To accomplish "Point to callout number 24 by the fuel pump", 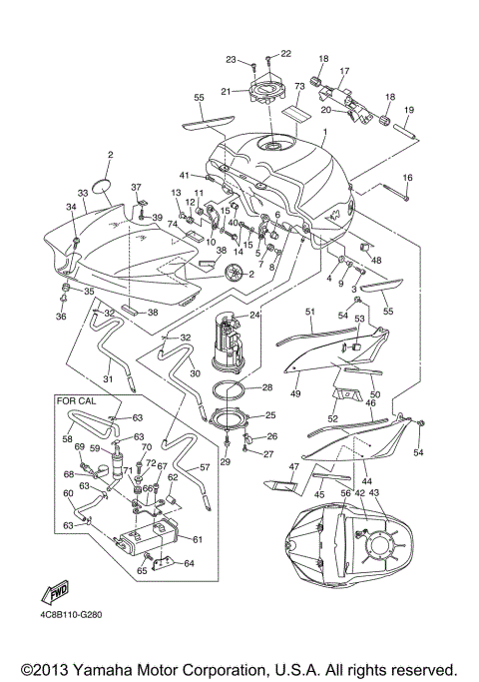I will [x=255, y=315].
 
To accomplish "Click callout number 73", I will [x=298, y=88].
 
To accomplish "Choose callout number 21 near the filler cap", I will [x=227, y=92].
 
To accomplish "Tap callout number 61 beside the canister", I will [x=197, y=540].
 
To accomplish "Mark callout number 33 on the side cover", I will [x=83, y=193].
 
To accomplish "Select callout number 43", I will [x=375, y=493].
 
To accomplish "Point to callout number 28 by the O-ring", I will [x=266, y=386].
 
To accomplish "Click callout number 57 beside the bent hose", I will [x=206, y=467].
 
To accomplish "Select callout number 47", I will [x=294, y=467].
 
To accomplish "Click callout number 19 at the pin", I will [x=409, y=109].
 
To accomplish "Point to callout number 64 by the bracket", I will [x=190, y=563].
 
